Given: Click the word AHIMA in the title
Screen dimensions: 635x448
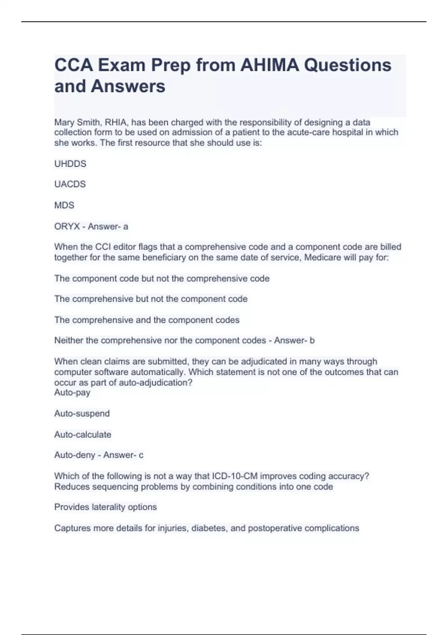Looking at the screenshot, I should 269,65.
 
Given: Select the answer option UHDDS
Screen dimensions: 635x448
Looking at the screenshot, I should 70,164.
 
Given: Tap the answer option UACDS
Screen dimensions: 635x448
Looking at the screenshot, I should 70,184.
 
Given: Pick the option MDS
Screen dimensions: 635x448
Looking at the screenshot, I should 64,205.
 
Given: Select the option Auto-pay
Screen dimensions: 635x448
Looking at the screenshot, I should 72,393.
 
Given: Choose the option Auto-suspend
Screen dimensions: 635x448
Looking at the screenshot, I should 82,413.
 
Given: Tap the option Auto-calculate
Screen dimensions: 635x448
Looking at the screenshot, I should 83,434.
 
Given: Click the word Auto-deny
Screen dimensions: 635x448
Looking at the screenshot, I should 74,455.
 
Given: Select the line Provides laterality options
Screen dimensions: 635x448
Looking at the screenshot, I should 105,507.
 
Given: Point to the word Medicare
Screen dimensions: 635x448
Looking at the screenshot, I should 322,258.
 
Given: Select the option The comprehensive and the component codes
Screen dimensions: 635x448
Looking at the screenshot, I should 147,320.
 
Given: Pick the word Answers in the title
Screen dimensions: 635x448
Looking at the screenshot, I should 128,86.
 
